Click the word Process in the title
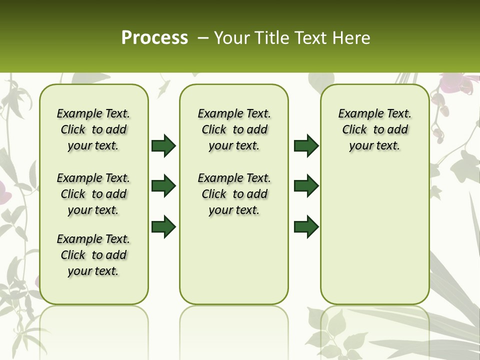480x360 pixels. tap(154, 37)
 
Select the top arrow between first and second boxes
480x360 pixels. tap(163, 146)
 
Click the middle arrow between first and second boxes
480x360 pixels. tap(163, 186)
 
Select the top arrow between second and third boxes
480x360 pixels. tap(306, 146)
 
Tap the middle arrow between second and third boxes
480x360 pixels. tap(306, 186)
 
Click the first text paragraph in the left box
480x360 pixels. tap(93, 129)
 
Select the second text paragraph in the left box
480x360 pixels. tap(93, 194)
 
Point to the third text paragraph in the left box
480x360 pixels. tap(93, 255)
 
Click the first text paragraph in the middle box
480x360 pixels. tap(234, 129)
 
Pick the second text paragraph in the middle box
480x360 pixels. tap(234, 194)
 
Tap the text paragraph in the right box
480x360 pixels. tap(374, 129)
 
